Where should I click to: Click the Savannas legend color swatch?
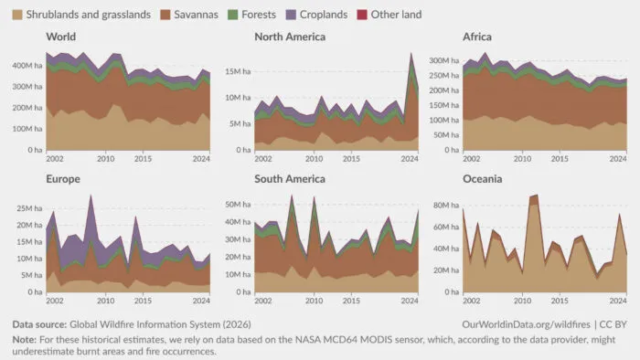click(x=165, y=15)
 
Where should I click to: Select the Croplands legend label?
click(x=324, y=15)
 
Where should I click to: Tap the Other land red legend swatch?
click(x=362, y=15)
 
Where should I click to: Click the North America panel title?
click(x=290, y=37)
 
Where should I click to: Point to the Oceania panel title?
click(x=483, y=179)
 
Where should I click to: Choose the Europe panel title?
click(x=63, y=179)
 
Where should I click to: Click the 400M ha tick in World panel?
click(x=27, y=65)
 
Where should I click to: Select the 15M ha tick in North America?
click(x=238, y=71)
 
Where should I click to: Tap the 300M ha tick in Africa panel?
click(x=444, y=60)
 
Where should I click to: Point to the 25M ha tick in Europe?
click(x=29, y=208)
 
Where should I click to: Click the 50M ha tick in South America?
click(x=238, y=205)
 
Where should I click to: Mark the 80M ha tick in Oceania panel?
click(x=446, y=205)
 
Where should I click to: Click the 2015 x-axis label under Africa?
click(x=560, y=159)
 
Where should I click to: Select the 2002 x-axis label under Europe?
click(x=55, y=301)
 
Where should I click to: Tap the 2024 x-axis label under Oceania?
click(x=618, y=301)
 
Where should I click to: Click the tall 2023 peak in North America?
click(x=411, y=53)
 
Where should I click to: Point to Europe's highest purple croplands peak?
click(x=91, y=196)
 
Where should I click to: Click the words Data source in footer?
click(x=39, y=324)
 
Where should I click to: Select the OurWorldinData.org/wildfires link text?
click(x=526, y=324)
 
